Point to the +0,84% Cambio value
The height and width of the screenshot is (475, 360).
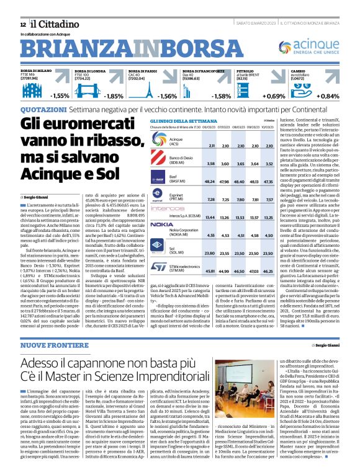click(346, 97)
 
